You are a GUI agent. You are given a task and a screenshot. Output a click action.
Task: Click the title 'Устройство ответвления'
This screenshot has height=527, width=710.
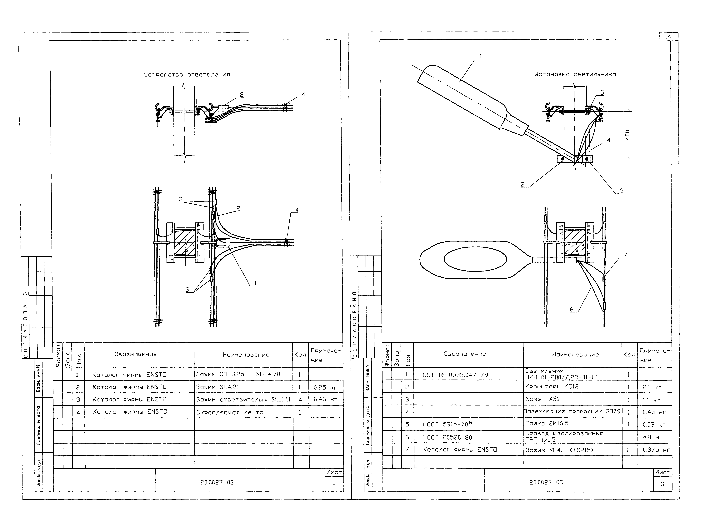188,75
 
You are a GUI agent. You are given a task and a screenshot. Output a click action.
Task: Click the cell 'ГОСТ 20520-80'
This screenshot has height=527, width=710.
447,437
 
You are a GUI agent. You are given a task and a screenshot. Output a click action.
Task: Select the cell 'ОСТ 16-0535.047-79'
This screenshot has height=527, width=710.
455,375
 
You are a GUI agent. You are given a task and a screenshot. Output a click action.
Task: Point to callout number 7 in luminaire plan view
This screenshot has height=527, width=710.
625,255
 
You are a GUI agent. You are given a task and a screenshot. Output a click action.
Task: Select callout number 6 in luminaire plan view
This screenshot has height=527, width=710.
572,309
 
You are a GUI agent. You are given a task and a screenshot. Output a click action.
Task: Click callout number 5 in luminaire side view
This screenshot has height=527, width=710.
602,93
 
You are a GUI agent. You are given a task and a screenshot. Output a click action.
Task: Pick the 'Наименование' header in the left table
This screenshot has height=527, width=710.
246,354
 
